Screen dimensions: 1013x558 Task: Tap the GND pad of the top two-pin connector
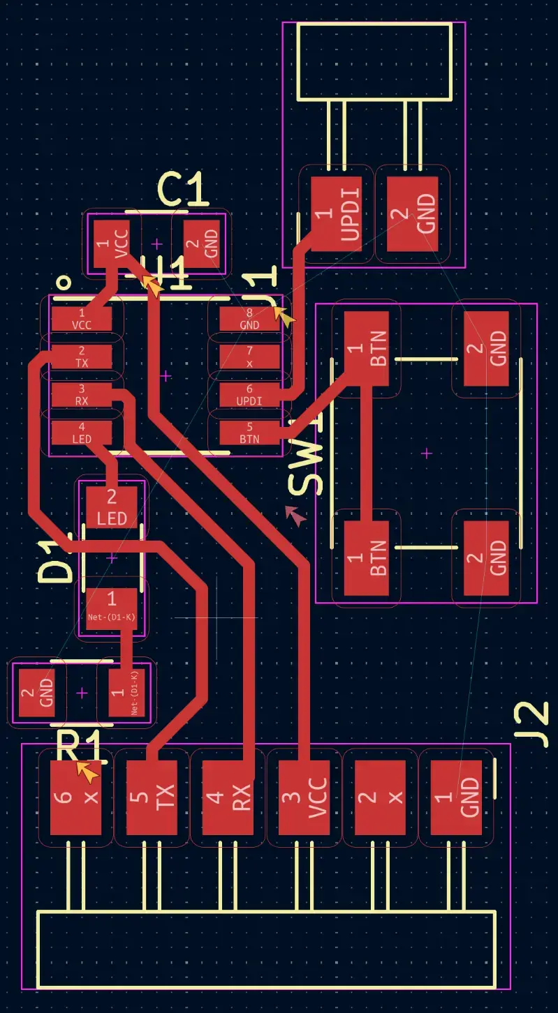[412, 213]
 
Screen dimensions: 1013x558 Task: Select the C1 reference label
[183, 189]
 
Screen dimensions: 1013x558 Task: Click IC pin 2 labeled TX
[81, 357]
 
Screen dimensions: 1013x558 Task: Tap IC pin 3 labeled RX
[81, 394]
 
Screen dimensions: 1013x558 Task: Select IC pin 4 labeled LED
[81, 432]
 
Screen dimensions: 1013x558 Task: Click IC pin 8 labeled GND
[249, 319]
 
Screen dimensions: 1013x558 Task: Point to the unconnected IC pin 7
[249, 357]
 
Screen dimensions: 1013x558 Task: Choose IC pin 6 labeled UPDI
[249, 394]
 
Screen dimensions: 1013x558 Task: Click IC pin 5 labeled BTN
[249, 432]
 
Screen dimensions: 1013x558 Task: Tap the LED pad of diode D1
[112, 507]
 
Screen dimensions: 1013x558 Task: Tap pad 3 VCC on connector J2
[304, 797]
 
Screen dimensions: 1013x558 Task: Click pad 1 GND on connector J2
[457, 797]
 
